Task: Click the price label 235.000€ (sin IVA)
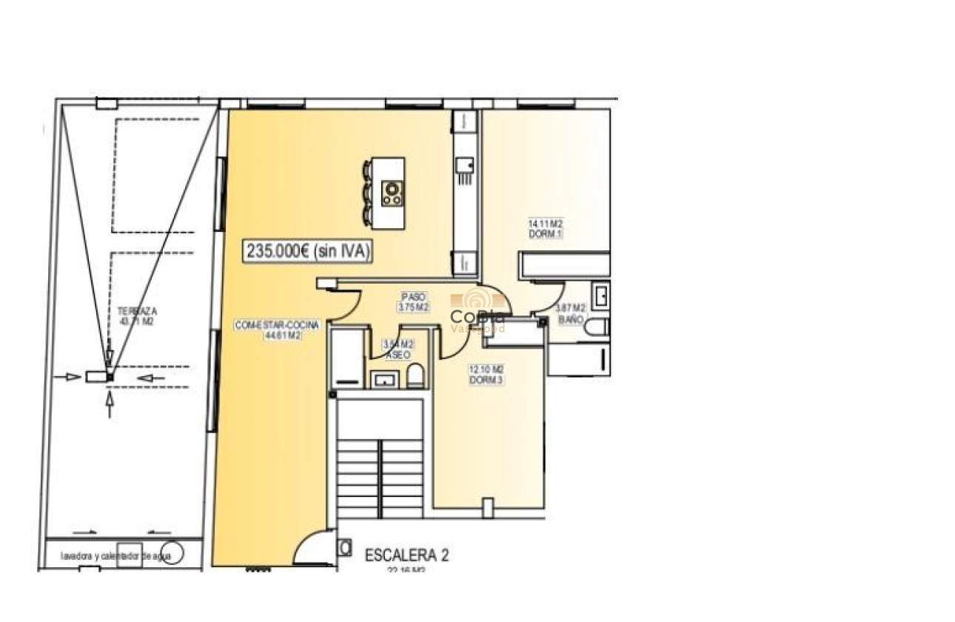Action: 308,251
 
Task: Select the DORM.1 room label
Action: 546,228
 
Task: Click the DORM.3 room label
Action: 486,375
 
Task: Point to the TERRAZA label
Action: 137,316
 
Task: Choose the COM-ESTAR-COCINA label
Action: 276,330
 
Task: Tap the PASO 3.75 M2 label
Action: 413,301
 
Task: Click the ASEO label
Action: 398,350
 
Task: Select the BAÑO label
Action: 571,313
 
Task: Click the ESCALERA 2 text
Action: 406,555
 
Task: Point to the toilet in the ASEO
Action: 415,375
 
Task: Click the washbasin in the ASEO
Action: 383,379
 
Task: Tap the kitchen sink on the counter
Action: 465,167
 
